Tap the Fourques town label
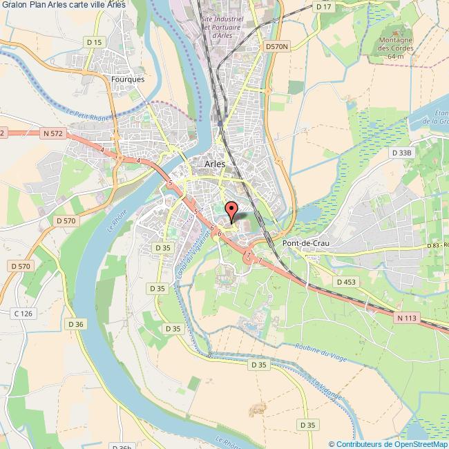point(127,79)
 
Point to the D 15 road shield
point(95,43)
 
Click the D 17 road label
point(323,6)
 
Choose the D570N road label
point(278,46)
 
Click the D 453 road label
point(345,282)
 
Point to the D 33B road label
point(401,152)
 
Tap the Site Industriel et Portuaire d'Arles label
point(221,28)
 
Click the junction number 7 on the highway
point(247,255)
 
